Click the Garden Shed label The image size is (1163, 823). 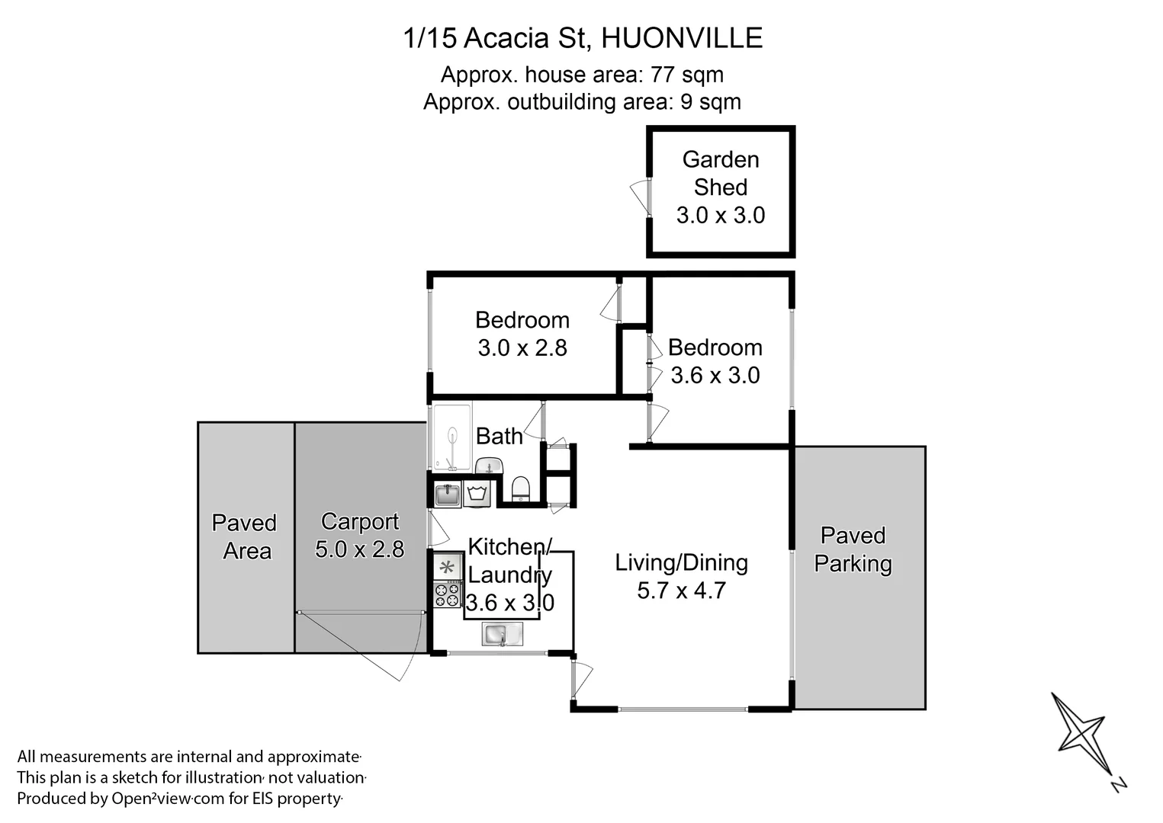point(720,173)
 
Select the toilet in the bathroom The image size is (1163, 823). point(520,488)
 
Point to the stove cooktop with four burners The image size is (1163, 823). point(448,594)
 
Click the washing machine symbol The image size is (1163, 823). point(477,493)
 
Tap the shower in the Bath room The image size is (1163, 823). point(451,437)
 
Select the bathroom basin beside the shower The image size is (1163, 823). point(489,465)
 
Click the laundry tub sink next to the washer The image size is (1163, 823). point(448,494)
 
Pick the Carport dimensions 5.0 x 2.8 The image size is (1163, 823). point(359,549)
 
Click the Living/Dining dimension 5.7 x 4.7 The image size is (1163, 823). point(681,591)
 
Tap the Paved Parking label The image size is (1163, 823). point(853,549)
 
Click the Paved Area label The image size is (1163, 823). point(245,536)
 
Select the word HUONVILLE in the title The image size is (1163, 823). point(682,38)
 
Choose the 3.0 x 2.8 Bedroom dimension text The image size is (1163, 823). point(522,348)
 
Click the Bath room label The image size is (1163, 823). point(500,436)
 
